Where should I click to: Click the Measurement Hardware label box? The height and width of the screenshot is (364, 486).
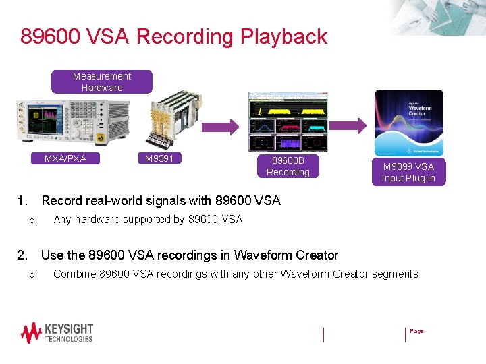102,82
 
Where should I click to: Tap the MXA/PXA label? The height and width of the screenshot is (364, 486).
65,158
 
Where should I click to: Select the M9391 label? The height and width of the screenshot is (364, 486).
159,158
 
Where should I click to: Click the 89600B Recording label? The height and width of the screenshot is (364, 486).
288,166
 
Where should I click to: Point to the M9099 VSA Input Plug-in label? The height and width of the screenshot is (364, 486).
408,172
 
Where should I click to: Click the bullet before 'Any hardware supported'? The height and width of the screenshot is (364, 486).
31,220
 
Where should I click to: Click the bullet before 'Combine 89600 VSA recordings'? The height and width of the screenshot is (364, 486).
31,275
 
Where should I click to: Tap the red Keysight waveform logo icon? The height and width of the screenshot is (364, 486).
31,333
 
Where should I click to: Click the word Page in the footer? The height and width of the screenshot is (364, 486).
416,331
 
